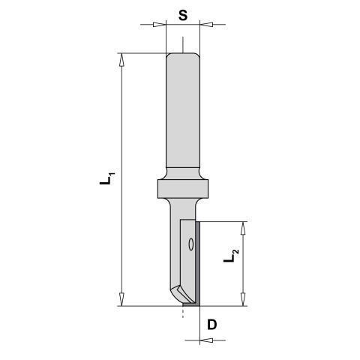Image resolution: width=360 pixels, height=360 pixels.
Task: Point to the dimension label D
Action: (212, 324)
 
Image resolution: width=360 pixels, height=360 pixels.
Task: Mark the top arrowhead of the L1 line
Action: (121, 58)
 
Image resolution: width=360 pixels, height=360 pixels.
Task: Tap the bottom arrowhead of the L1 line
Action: (121, 301)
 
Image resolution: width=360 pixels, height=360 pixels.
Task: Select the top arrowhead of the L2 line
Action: (241, 226)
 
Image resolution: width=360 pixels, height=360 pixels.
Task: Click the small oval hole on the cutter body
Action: (191, 244)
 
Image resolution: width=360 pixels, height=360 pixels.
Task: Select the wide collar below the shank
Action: (183, 187)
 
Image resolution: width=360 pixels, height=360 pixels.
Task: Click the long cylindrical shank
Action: (183, 112)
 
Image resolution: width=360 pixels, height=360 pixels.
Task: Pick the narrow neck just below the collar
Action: (182, 205)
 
